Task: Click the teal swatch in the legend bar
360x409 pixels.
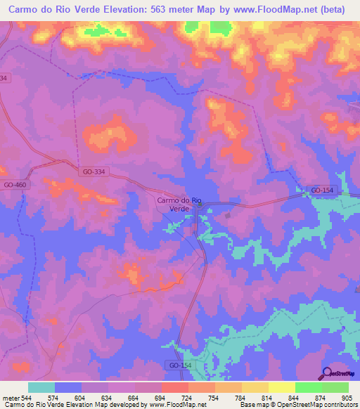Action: pyautogui.click(x=41, y=387)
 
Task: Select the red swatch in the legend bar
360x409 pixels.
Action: pyautogui.click(x=174, y=387)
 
